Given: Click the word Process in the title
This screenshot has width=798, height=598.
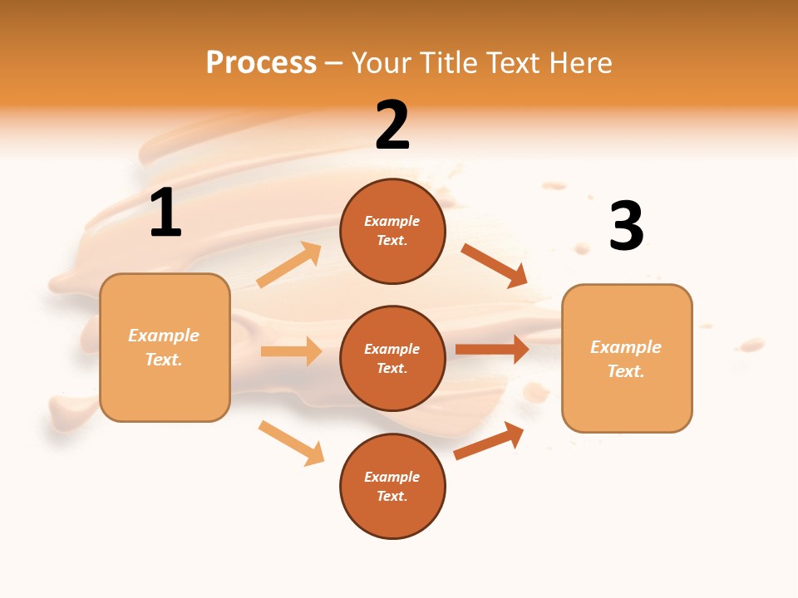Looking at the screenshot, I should (x=261, y=63).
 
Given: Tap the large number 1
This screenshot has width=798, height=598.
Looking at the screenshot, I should (x=165, y=213).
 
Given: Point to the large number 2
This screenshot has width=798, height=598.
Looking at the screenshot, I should (x=392, y=125).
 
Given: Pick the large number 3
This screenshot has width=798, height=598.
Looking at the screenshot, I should (x=626, y=226).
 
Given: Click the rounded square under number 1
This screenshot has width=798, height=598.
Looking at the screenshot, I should (x=165, y=347).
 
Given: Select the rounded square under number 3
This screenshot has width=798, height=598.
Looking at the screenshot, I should (x=627, y=358).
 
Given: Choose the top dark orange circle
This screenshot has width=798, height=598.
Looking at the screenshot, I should (x=392, y=231).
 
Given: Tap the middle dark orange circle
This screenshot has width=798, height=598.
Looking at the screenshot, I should (x=392, y=358).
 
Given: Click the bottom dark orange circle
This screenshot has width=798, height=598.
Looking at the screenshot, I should (x=392, y=486).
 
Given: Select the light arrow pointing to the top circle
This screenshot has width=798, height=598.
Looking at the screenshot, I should (x=289, y=265).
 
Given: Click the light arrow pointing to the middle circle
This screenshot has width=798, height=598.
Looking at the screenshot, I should (x=291, y=351).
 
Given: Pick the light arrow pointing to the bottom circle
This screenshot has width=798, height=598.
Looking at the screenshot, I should (x=291, y=443).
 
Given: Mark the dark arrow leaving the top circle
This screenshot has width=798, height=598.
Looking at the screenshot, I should (x=494, y=265).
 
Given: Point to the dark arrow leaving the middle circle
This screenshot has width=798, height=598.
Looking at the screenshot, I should (x=491, y=349).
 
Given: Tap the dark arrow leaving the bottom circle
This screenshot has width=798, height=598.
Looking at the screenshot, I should (x=489, y=441).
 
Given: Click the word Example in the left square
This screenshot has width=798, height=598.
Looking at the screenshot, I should (x=164, y=336).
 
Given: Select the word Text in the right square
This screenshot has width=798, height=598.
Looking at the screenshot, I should (x=625, y=371).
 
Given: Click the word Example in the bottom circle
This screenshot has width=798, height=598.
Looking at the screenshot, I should (x=392, y=477).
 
